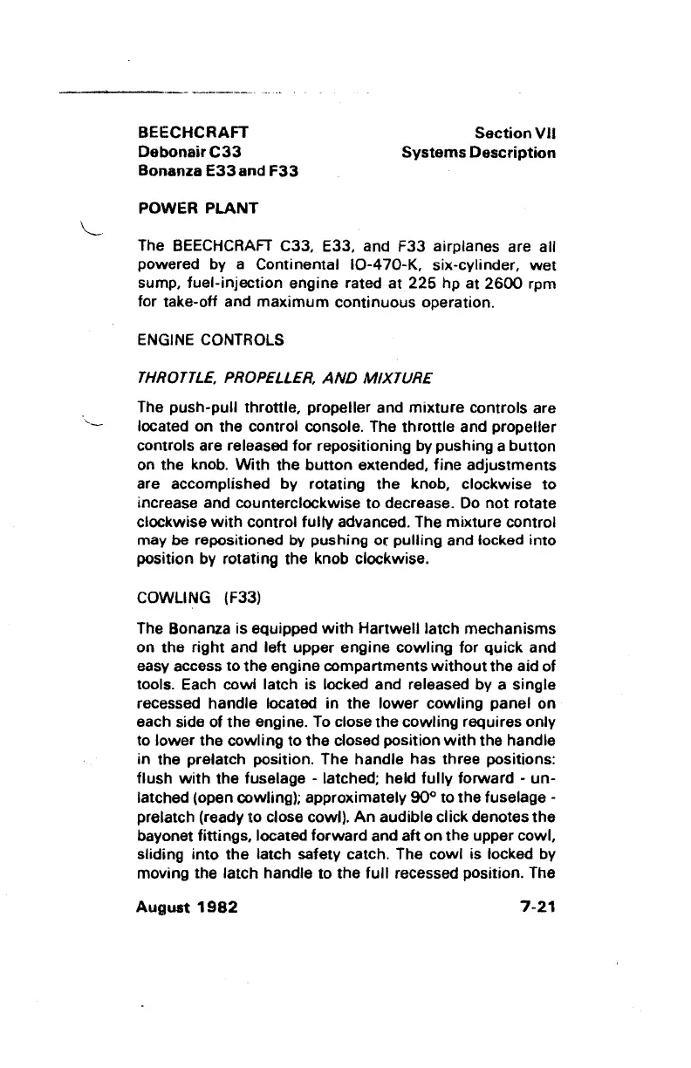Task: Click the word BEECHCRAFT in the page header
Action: [x=193, y=133]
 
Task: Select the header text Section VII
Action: [x=515, y=133]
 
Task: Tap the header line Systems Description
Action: [x=478, y=153]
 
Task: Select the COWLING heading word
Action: [x=174, y=597]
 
